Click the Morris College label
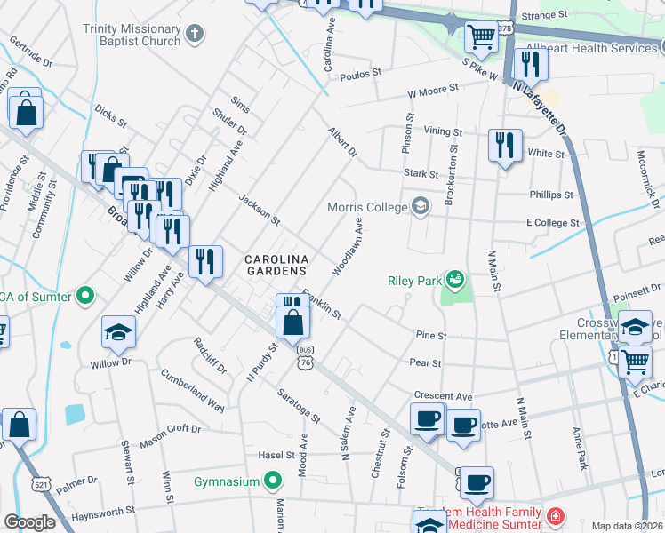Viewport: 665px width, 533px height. pyautogui.click(x=365, y=207)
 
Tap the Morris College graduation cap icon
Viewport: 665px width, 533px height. pyautogui.click(x=421, y=207)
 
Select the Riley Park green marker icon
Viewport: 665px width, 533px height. pyautogui.click(x=456, y=281)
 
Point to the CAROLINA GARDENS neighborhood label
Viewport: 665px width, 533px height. pyautogui.click(x=276, y=264)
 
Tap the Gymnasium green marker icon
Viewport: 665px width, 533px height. pyautogui.click(x=273, y=482)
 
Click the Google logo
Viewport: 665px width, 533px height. pyautogui.click(x=29, y=522)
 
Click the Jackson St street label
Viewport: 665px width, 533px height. pyautogui.click(x=259, y=208)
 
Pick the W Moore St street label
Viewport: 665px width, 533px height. pyautogui.click(x=433, y=89)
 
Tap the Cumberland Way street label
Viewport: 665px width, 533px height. pyautogui.click(x=192, y=388)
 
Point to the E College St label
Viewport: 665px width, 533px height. pyautogui.click(x=553, y=223)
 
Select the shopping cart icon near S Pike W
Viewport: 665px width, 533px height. pyautogui.click(x=481, y=37)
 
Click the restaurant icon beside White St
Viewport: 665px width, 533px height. pyautogui.click(x=505, y=145)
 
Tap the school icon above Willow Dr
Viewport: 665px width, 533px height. pyautogui.click(x=119, y=332)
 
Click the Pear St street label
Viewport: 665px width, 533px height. pyautogui.click(x=425, y=363)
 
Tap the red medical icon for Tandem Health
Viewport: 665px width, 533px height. pyautogui.click(x=555, y=516)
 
